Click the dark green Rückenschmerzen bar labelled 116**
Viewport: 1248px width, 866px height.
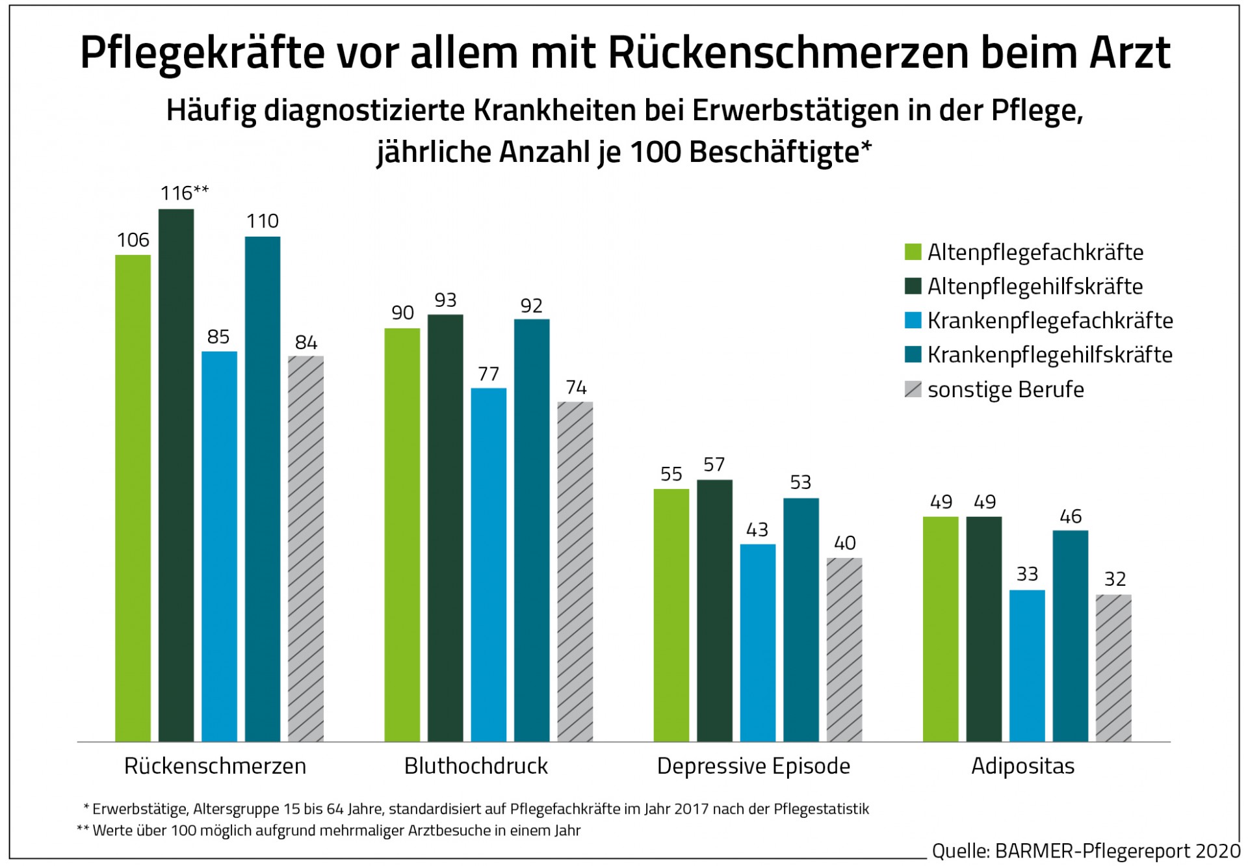pyautogui.click(x=176, y=475)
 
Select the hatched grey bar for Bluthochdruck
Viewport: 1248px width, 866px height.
pyautogui.click(x=575, y=571)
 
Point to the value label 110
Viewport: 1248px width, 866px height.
pyautogui.click(x=263, y=222)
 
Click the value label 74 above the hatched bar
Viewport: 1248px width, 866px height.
pyautogui.click(x=576, y=388)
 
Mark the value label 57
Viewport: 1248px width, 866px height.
pyautogui.click(x=714, y=465)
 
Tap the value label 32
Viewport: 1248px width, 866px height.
pyautogui.click(x=1115, y=579)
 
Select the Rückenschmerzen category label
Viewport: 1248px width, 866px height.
pyautogui.click(x=215, y=767)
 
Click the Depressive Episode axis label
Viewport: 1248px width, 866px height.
pyautogui.click(x=753, y=767)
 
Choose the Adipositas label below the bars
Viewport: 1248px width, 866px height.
pyautogui.click(x=1022, y=767)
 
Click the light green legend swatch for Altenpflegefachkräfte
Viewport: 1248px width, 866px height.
pyautogui.click(x=913, y=252)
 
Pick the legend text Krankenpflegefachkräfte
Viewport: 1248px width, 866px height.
pyautogui.click(x=1050, y=321)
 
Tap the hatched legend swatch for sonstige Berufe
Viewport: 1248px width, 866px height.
pyautogui.click(x=913, y=389)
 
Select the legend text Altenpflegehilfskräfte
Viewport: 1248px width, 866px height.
pyautogui.click(x=1035, y=287)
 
